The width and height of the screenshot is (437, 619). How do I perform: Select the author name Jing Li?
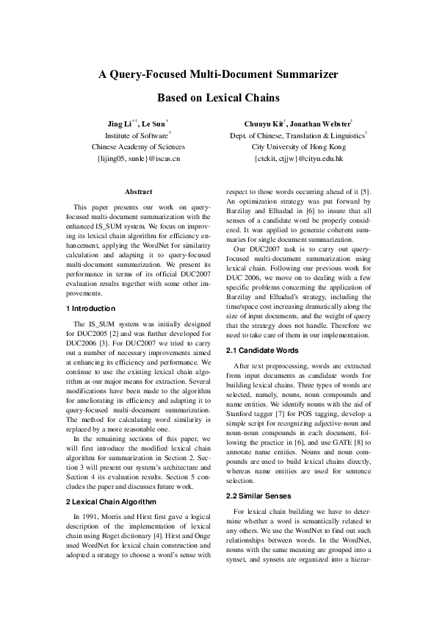click(x=117, y=123)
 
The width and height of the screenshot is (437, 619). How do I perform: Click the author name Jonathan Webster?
click(x=322, y=123)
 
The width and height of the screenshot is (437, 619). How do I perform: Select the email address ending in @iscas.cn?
click(x=139, y=157)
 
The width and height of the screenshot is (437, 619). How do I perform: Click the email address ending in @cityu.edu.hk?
click(x=297, y=157)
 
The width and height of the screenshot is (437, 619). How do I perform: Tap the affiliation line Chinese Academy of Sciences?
click(x=139, y=146)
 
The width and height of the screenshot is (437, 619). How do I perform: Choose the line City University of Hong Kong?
click(x=297, y=146)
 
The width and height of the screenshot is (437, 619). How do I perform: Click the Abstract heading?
click(x=139, y=191)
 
